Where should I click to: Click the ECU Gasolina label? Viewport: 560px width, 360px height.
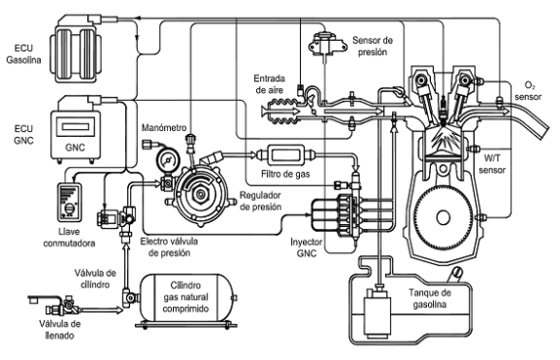tap(23, 54)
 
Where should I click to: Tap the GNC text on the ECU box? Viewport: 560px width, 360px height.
tap(75, 147)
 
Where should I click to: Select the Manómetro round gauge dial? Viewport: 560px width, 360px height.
tap(167, 161)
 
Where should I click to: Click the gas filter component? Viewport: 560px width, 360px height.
tap(286, 155)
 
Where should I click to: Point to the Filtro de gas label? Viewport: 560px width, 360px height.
tap(285, 175)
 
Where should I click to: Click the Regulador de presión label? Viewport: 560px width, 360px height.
tap(260, 201)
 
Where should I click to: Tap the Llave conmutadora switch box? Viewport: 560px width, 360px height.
tap(70, 202)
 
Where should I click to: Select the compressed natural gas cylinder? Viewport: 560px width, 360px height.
tap(188, 298)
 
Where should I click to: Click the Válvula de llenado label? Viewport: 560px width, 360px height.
tap(59, 330)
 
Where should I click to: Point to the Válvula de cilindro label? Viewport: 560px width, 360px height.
tap(95, 278)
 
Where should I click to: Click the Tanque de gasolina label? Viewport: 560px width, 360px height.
tap(430, 299)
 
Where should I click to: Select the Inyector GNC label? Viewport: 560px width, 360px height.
tap(307, 247)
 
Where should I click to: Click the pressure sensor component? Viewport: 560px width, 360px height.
tap(327, 45)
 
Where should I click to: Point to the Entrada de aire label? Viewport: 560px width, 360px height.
tap(269, 83)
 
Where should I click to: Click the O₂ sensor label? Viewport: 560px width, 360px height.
tap(528, 90)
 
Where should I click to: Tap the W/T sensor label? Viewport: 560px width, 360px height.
tap(492, 164)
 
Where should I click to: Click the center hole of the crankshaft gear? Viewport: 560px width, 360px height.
tap(444, 217)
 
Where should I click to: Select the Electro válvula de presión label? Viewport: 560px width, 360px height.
tap(169, 247)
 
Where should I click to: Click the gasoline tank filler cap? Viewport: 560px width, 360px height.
tap(456, 274)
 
